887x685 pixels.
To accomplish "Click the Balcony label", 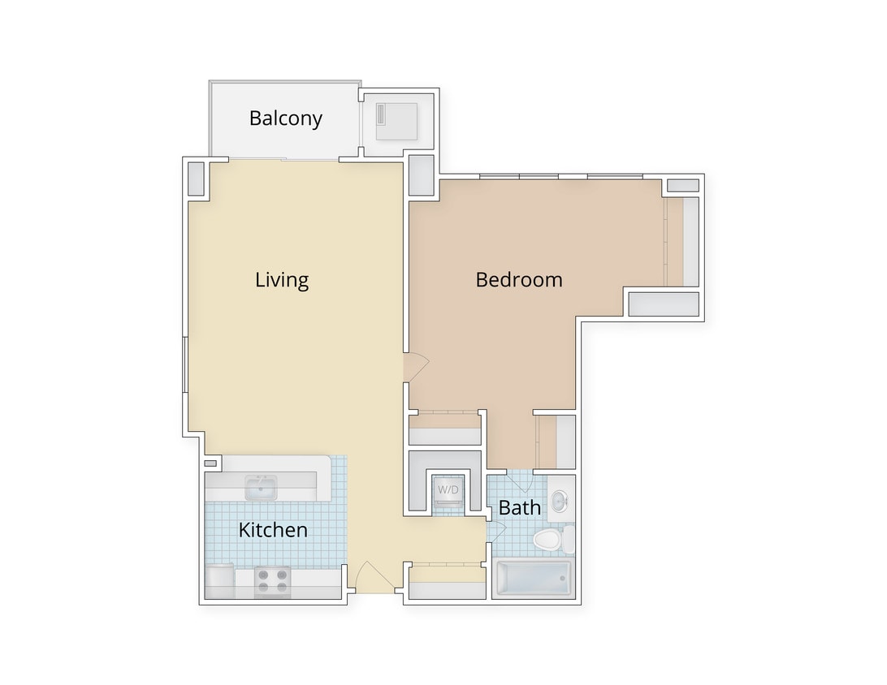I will pyautogui.click(x=285, y=118).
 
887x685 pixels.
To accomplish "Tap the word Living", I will pyautogui.click(x=282, y=280).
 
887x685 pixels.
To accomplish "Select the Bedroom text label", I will pyautogui.click(x=518, y=280).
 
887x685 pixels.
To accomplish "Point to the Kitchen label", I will pyautogui.click(x=273, y=531).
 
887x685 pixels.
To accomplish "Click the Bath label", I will pyautogui.click(x=519, y=508).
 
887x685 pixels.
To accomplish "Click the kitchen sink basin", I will pyautogui.click(x=261, y=489).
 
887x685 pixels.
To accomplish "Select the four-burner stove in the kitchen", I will pyautogui.click(x=272, y=581).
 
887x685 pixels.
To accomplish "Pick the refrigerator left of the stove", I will pyautogui.click(x=219, y=582).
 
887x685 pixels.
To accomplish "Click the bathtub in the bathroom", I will pyautogui.click(x=532, y=579).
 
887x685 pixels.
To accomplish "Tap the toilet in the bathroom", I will pyautogui.click(x=549, y=539).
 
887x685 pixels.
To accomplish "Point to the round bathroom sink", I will pyautogui.click(x=560, y=501).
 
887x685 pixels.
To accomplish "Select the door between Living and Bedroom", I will pyautogui.click(x=414, y=367).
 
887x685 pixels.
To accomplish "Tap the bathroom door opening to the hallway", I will pyautogui.click(x=495, y=532).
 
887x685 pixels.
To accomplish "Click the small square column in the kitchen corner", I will pyautogui.click(x=210, y=463).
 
